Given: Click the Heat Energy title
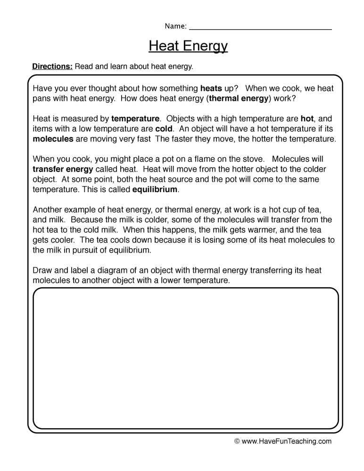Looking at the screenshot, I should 188,46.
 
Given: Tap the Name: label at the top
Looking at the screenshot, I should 175,26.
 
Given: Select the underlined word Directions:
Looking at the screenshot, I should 52,66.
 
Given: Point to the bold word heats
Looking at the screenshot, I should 211,88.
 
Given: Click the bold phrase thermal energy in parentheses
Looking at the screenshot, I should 239,98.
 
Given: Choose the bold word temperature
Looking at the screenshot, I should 135,119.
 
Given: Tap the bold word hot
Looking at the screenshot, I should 307,119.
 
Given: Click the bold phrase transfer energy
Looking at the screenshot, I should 63,169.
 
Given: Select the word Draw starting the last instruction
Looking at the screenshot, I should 42,270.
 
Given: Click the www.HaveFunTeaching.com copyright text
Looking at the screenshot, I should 283,441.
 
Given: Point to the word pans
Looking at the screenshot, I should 41,98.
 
